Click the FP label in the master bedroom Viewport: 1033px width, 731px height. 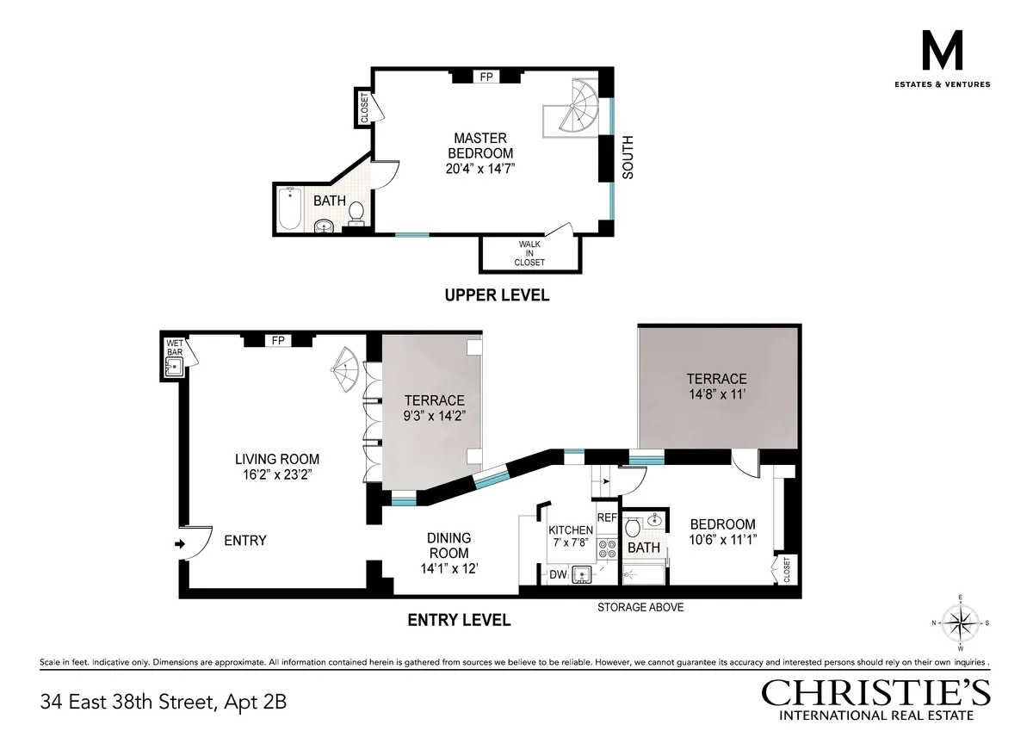[x=486, y=77]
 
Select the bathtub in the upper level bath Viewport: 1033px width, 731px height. [x=290, y=209]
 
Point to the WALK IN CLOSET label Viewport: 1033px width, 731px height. [x=530, y=253]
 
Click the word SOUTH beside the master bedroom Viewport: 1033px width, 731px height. [x=628, y=157]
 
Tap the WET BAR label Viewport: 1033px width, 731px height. [x=174, y=348]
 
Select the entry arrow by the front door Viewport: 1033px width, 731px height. [x=179, y=543]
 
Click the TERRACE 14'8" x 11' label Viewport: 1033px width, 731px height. [x=716, y=387]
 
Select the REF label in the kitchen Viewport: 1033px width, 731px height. [x=607, y=517]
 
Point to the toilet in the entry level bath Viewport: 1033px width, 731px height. [x=633, y=526]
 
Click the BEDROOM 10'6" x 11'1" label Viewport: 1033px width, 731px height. [x=723, y=531]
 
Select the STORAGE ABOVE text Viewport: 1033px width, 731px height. [x=640, y=607]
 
